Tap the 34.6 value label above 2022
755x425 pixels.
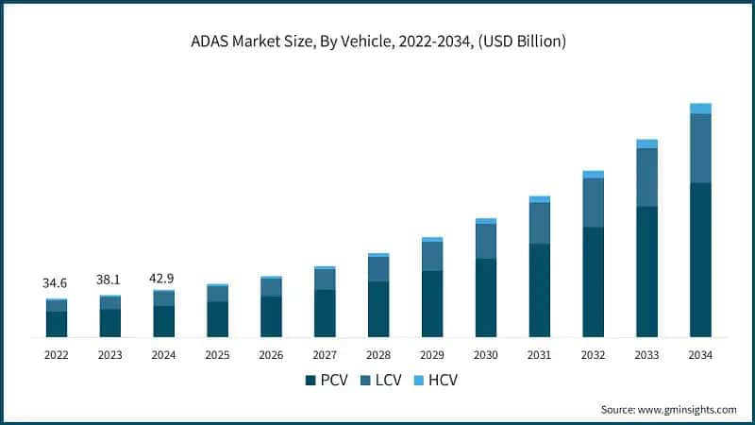[56, 283]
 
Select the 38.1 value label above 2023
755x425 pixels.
[109, 280]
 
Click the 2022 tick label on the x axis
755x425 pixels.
[56, 355]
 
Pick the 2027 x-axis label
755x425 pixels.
[325, 355]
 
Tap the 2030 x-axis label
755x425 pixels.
[485, 355]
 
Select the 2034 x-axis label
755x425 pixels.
[700, 355]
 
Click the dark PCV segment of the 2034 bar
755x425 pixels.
[700, 260]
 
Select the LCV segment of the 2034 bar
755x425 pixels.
[700, 148]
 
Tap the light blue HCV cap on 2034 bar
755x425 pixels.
[700, 109]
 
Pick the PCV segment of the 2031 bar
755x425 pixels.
[539, 290]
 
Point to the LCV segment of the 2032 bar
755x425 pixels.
[593, 202]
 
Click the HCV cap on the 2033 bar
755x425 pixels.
[646, 144]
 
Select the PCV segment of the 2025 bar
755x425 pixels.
[217, 319]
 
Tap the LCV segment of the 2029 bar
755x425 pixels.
[432, 256]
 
